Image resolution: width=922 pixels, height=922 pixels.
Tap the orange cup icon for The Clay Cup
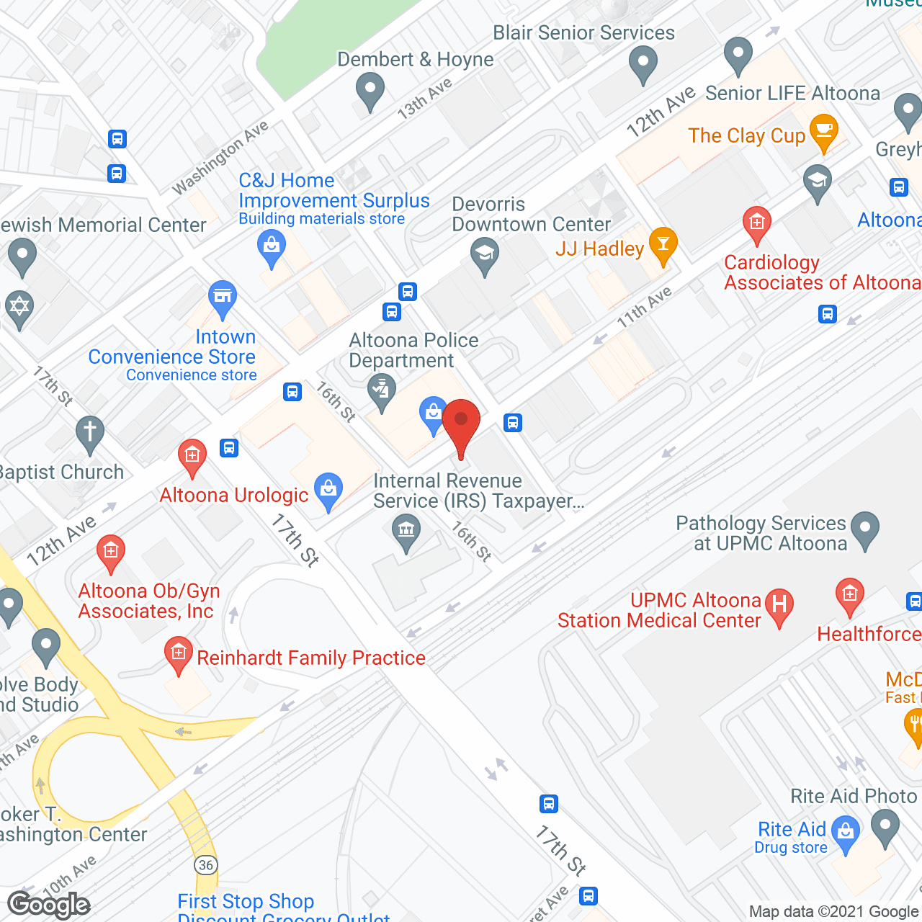(823, 132)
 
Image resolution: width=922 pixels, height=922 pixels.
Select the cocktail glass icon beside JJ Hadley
(663, 244)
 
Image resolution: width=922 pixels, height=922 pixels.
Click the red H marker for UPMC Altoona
(779, 605)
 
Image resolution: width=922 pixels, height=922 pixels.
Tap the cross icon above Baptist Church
(89, 433)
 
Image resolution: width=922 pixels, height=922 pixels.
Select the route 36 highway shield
(206, 864)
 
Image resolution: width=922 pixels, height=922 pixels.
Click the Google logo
(49, 905)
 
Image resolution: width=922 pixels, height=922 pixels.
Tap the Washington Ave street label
(220, 158)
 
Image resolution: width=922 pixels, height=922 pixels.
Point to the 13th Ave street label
(425, 98)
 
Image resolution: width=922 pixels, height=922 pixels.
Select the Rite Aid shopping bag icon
(846, 833)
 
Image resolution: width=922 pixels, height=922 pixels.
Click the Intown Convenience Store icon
(223, 297)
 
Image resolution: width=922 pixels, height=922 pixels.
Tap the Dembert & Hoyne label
(416, 60)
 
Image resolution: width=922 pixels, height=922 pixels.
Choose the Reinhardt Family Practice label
(311, 658)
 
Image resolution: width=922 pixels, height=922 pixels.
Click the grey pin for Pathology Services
(865, 529)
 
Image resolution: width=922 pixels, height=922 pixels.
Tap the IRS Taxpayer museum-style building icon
(406, 532)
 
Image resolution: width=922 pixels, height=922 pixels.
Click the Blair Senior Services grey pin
(643, 63)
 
